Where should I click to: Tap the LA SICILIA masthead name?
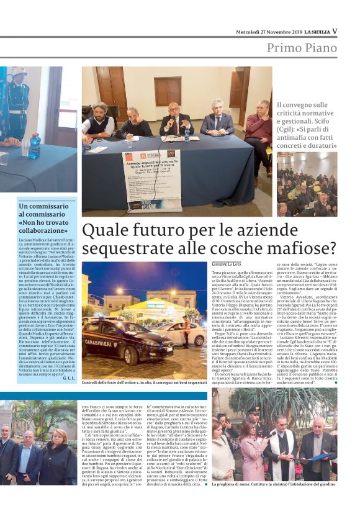315,32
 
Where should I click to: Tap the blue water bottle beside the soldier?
34,146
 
